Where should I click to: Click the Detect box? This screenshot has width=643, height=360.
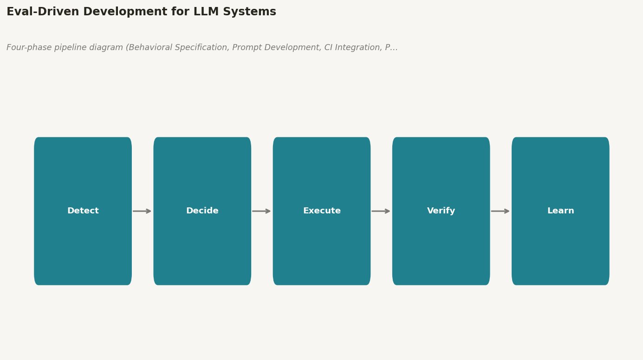[83, 211]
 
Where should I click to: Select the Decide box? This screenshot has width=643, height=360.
[202, 211]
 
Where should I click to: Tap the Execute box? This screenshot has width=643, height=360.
[322, 211]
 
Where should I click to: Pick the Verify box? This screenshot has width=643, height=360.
[441, 211]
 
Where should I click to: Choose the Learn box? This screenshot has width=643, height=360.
[561, 211]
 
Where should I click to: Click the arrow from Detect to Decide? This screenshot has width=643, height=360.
[142, 211]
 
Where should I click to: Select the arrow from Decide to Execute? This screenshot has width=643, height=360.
[261, 211]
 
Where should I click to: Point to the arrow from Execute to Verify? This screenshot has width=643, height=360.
[381, 211]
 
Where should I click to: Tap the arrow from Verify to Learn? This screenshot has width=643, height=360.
[500, 211]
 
